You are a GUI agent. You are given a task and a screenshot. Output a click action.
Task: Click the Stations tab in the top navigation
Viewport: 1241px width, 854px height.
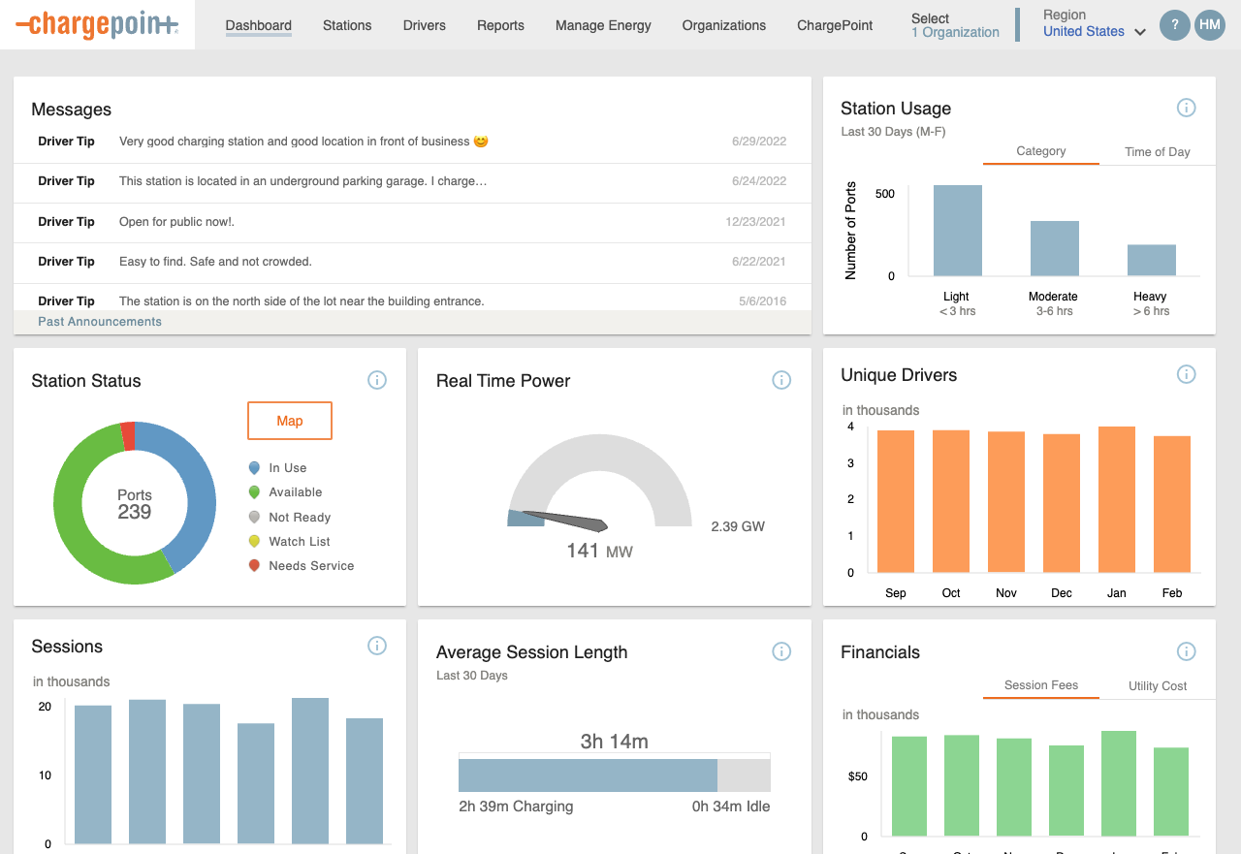pos(347,25)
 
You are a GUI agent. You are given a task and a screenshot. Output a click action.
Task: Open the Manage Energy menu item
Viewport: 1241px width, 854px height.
pos(603,25)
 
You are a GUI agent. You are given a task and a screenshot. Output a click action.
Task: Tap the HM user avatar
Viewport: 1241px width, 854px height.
pos(1209,25)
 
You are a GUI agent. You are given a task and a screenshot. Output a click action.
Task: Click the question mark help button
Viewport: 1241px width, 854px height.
pos(1175,25)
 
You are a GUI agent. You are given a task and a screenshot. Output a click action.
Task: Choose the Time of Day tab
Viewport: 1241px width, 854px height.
pos(1157,152)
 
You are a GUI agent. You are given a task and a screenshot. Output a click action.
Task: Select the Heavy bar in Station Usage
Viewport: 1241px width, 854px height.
pos(1151,260)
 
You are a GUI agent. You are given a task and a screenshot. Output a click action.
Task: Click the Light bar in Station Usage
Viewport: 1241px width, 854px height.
pos(957,231)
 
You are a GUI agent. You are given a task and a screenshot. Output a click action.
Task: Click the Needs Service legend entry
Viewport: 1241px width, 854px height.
pos(310,566)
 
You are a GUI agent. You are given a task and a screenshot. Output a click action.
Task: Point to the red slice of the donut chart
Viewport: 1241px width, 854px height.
pos(128,436)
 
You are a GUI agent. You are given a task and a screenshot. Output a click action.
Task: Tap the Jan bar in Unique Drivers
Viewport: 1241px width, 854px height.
pos(1116,499)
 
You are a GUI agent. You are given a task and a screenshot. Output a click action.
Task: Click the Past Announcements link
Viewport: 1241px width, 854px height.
pos(100,322)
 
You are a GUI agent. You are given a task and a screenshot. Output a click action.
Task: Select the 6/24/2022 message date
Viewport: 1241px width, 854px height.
pos(758,181)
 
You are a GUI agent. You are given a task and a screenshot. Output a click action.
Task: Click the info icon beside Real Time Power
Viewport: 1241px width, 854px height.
pos(781,380)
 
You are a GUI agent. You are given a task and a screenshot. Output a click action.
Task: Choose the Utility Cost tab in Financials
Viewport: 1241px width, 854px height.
pos(1157,686)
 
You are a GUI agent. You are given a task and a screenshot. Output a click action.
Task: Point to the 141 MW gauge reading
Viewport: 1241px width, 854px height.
pos(599,552)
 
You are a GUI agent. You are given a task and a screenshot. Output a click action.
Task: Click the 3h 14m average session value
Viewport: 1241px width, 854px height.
pos(614,742)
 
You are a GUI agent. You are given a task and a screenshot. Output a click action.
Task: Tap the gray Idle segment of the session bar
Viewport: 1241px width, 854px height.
pos(744,775)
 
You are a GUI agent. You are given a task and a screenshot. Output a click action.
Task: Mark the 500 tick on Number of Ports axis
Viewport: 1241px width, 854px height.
pos(884,194)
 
